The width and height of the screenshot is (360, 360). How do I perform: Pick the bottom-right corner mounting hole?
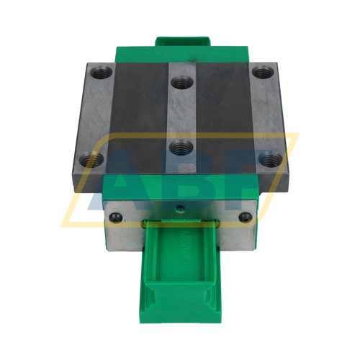click(271, 158)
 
